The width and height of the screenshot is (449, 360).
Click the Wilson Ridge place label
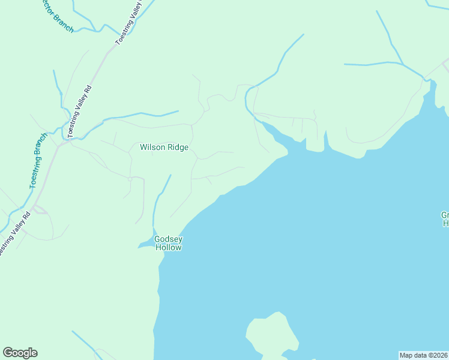[164, 147]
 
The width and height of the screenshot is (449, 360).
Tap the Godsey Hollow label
[169, 243]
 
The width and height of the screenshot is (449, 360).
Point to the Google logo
[20, 353]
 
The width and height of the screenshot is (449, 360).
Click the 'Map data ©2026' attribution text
[423, 355]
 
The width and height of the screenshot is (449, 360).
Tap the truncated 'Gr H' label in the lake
[445, 219]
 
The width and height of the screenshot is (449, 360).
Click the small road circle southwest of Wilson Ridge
[130, 179]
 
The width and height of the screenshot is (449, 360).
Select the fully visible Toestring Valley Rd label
[80, 112]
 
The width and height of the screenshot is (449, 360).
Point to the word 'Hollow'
[169, 247]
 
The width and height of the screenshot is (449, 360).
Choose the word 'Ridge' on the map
[178, 147]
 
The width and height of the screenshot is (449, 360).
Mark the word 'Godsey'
[169, 239]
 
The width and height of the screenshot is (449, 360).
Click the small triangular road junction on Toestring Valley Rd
[40, 209]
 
